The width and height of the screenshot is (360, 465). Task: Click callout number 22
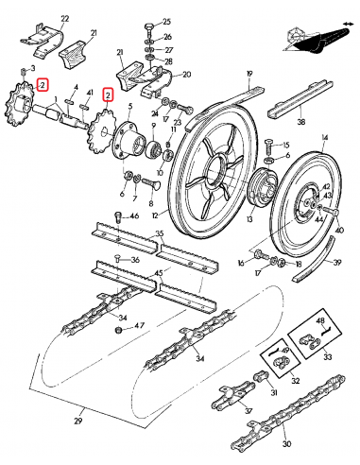(38, 19)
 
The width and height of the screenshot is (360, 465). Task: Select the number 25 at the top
(167, 21)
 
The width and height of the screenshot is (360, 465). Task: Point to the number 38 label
(300, 122)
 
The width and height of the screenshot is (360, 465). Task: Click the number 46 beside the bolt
(133, 217)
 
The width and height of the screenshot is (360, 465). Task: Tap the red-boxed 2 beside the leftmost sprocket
(43, 85)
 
